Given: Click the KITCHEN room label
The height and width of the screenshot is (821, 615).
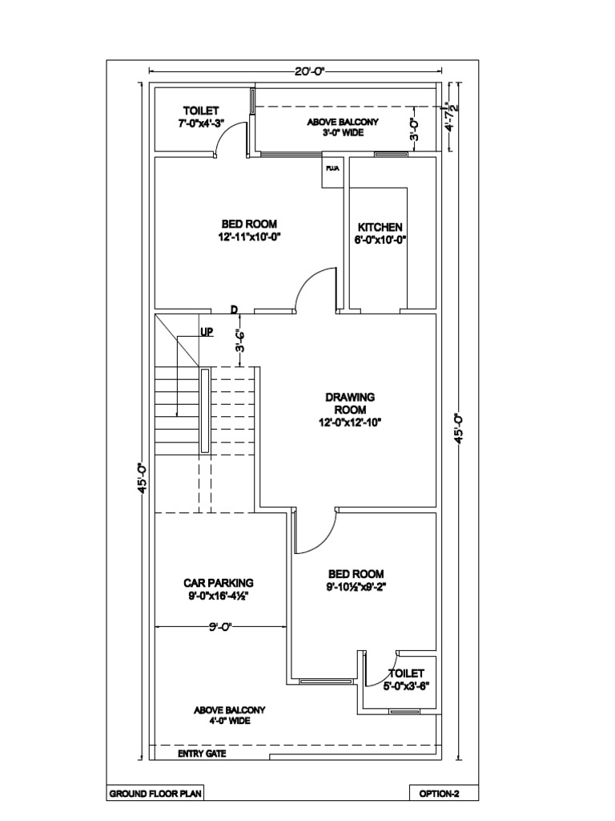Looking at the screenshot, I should (x=380, y=228).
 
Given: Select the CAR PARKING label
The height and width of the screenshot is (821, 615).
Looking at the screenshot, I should (x=219, y=582).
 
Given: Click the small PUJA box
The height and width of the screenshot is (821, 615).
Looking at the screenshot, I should (x=332, y=168).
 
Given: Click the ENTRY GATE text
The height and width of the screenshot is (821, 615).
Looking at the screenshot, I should (x=201, y=754).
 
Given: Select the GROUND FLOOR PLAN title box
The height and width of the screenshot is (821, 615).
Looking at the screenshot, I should (x=155, y=795).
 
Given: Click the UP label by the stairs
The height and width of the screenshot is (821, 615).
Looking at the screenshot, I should (x=207, y=331).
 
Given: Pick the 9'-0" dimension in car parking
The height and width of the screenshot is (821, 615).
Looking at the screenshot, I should (x=219, y=627).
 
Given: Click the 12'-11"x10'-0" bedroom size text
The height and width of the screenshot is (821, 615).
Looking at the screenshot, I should (x=250, y=237).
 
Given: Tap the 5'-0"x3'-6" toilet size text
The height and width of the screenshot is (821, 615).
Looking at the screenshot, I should (x=407, y=686).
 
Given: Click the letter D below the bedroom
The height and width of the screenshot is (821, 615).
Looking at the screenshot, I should (x=235, y=309).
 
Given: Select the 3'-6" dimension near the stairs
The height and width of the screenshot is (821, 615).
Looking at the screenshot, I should (x=239, y=342).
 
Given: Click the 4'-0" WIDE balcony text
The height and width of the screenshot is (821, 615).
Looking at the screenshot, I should (x=230, y=722).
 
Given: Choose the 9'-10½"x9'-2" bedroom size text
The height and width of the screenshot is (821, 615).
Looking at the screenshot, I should (x=356, y=587).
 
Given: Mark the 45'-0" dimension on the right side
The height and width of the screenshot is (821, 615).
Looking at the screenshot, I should (x=459, y=428).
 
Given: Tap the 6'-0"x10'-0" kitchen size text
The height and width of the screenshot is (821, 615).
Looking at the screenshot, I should (x=380, y=240).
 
